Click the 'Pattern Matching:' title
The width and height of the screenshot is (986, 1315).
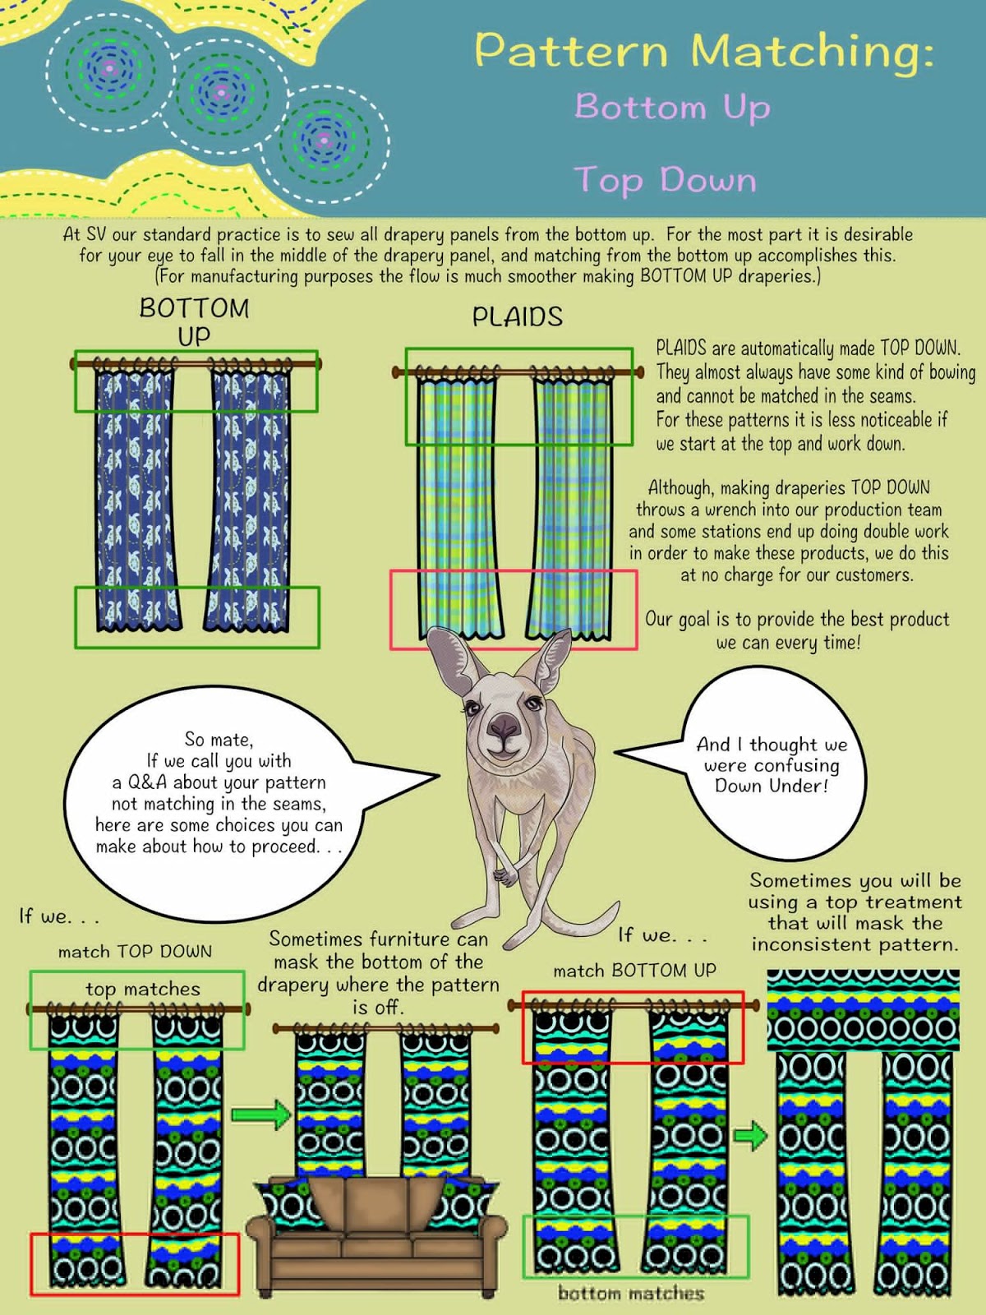[704, 51]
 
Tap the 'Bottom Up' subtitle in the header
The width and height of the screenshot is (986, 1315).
[672, 108]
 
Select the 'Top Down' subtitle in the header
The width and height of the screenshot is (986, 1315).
[665, 179]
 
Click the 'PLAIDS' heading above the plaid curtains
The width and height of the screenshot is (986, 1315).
[517, 317]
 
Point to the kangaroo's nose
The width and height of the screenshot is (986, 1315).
[503, 727]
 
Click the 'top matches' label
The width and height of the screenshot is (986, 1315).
[143, 989]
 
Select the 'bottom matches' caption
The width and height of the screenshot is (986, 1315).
[630, 1294]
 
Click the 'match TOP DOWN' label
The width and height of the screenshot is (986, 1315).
[135, 952]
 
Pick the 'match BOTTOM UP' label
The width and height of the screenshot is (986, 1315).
[634, 971]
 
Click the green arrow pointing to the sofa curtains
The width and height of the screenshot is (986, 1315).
[260, 1114]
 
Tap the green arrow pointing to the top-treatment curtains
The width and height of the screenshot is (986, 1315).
[749, 1136]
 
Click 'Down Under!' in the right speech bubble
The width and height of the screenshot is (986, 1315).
[771, 786]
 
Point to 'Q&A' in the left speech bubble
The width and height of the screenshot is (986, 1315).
[147, 782]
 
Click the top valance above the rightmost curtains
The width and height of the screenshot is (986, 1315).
[863, 1010]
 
